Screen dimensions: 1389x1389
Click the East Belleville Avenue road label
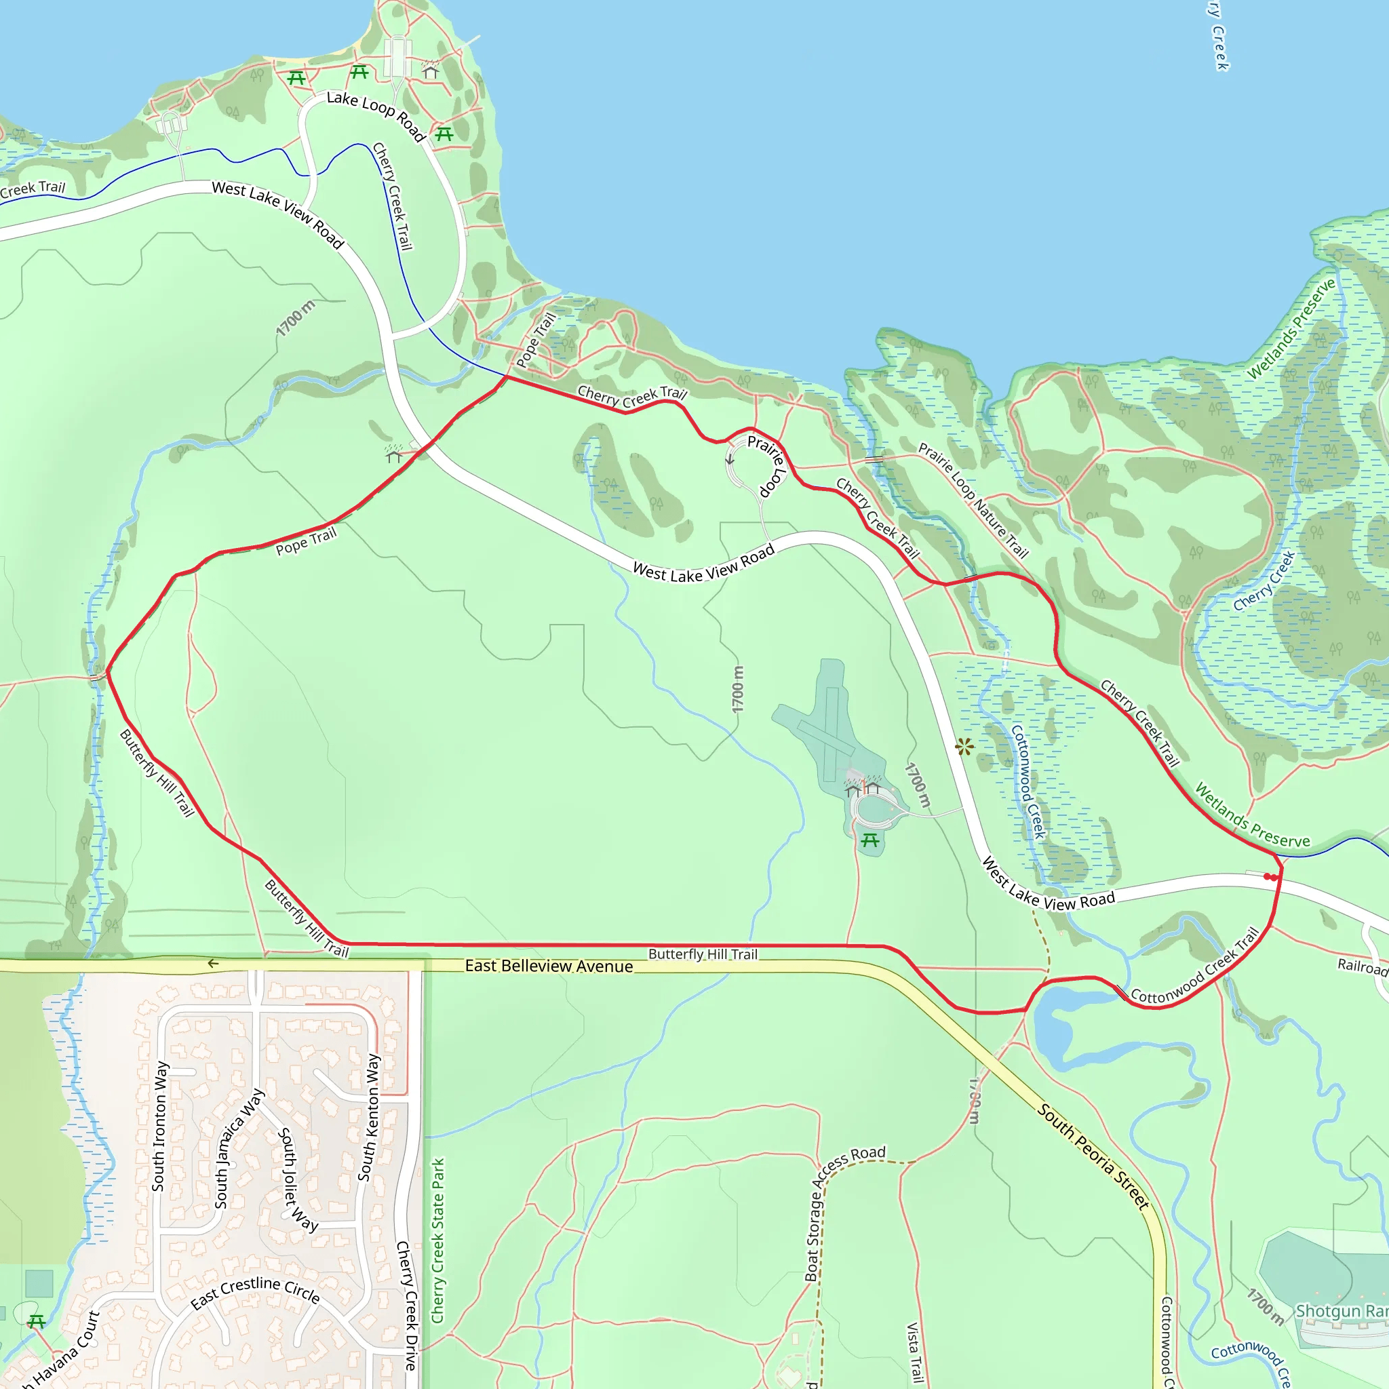[x=549, y=966]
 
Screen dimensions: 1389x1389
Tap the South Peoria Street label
[x=1093, y=1157]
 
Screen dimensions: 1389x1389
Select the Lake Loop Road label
[x=375, y=115]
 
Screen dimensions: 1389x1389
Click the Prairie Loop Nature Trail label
[x=973, y=501]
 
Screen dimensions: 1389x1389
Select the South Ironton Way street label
[x=159, y=1126]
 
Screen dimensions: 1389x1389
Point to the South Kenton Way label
[x=369, y=1117]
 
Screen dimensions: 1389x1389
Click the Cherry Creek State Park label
[x=438, y=1240]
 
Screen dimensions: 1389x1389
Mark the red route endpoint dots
[x=1271, y=877]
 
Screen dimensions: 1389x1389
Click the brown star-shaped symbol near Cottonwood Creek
[x=965, y=747]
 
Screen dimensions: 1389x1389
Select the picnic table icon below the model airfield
[x=870, y=840]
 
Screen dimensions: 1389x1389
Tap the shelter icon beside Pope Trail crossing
[x=393, y=454]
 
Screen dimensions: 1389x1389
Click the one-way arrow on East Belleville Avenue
[x=213, y=963]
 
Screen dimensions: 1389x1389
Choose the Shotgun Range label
[x=1342, y=1310]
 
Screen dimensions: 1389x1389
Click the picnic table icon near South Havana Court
[x=37, y=1321]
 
